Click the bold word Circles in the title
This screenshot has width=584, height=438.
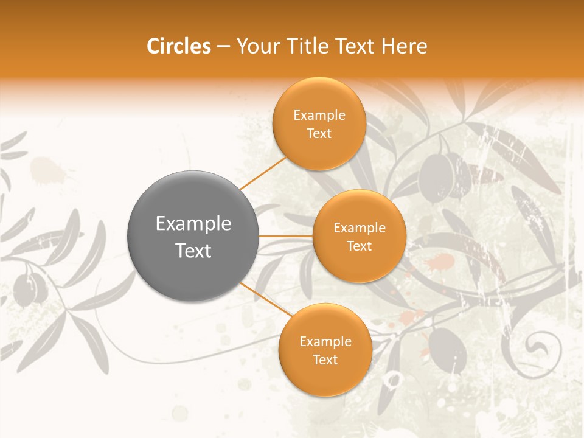[178, 46]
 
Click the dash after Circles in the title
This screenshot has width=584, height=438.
[223, 47]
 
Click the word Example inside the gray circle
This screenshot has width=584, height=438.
[193, 223]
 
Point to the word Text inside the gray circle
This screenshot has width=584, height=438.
[193, 251]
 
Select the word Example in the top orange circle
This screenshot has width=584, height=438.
[319, 116]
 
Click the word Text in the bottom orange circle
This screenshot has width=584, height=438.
[325, 360]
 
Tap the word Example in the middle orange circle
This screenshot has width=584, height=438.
[359, 228]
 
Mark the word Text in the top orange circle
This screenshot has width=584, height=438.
[319, 134]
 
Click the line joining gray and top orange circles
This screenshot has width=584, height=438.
[263, 173]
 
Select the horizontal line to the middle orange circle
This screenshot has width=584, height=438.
[286, 235]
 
